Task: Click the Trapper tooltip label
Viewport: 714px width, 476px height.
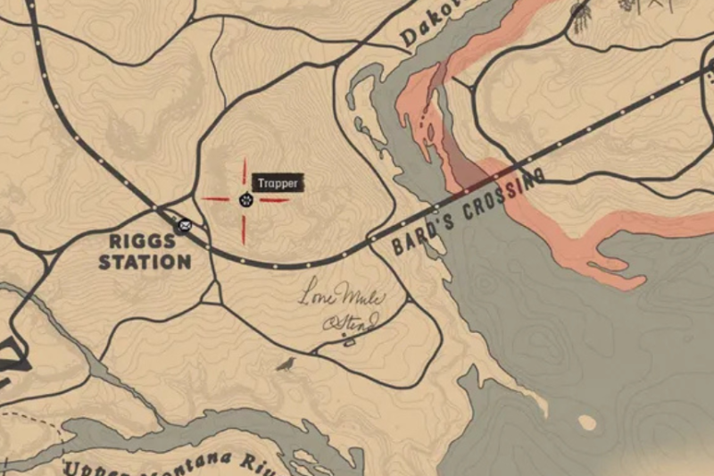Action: tap(278, 183)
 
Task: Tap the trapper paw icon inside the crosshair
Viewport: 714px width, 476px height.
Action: tap(245, 200)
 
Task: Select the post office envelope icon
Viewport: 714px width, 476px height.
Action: tap(185, 224)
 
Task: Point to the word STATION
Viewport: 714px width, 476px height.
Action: tap(145, 263)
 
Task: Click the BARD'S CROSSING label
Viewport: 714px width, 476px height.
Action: tap(468, 212)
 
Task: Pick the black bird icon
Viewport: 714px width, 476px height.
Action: tap(286, 363)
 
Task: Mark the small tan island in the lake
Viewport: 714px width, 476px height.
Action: tap(586, 422)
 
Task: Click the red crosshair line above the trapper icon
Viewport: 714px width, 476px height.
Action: tap(244, 171)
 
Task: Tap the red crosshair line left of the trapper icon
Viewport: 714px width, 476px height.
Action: tap(215, 199)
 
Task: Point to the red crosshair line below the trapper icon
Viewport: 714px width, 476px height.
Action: tap(244, 228)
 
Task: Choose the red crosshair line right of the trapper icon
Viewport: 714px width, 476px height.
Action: tap(273, 199)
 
